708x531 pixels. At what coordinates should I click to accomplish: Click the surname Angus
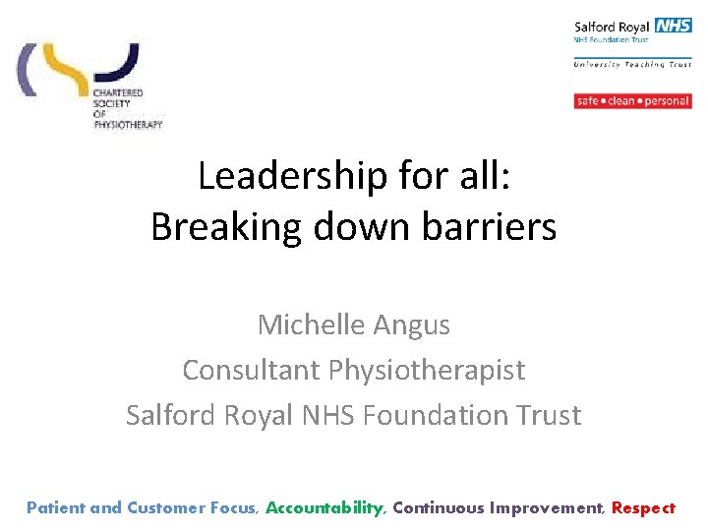419,324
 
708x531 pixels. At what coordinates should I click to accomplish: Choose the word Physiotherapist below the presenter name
428,370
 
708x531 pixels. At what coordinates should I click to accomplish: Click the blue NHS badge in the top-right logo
674,26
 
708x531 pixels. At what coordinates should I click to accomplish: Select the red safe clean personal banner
632,101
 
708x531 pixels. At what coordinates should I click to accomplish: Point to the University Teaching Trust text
632,65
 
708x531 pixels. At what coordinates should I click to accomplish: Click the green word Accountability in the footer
324,508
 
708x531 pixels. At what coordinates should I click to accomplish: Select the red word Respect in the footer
643,508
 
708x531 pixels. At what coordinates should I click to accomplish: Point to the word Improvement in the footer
546,508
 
